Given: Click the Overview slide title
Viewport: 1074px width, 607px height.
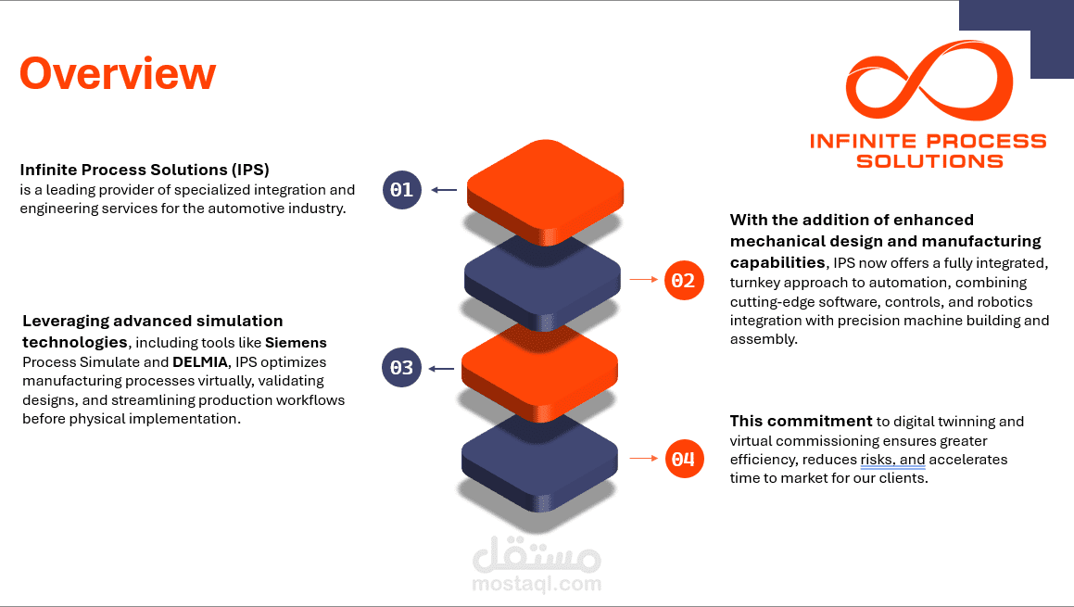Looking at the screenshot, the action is [x=118, y=73].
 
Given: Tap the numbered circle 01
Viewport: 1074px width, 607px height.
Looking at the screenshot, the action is [x=402, y=190].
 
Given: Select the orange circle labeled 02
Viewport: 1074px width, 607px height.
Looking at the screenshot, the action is [x=684, y=280].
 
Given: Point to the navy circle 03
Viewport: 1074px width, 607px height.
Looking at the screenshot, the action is [x=401, y=368].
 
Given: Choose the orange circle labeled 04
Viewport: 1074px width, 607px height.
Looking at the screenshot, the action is [x=684, y=459].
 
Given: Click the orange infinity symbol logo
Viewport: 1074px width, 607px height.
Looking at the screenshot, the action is [x=929, y=80].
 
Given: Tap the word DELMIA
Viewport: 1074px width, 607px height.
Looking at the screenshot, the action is [x=200, y=361].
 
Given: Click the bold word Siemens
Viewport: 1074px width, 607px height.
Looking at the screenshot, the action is [x=296, y=343].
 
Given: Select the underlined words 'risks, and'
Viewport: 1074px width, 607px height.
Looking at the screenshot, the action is [x=892, y=460].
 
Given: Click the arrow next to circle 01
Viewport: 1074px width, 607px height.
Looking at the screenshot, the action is [x=444, y=190].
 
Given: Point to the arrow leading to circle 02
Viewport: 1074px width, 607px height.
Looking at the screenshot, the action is [x=644, y=280].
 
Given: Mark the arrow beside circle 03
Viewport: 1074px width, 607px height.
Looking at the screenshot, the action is [x=441, y=369].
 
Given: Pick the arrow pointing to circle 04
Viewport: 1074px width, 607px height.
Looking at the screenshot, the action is [x=644, y=458].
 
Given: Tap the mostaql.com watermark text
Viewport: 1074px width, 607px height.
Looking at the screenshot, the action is [x=537, y=584].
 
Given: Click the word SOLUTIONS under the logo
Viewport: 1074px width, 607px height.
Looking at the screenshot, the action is [x=929, y=161].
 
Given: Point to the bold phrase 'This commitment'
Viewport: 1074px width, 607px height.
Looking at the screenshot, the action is [x=801, y=421].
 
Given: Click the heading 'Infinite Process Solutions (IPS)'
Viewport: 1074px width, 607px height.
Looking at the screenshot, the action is [x=145, y=170].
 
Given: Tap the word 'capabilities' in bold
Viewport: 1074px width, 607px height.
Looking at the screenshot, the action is [x=777, y=263].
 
